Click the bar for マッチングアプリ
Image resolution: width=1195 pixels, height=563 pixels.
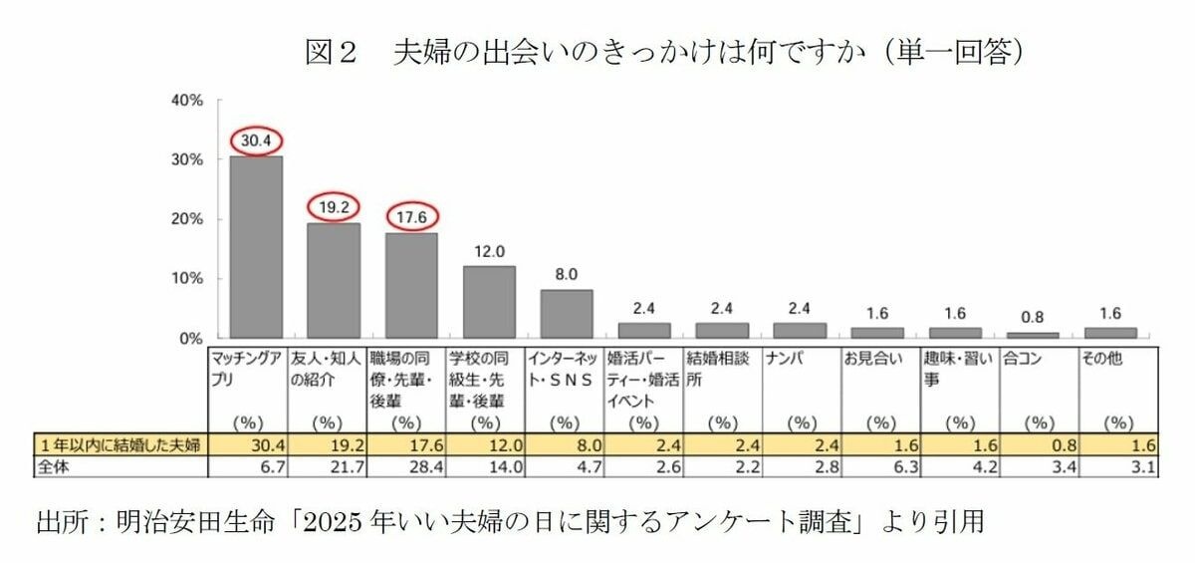(256, 247)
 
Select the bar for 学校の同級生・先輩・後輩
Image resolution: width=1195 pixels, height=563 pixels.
(489, 302)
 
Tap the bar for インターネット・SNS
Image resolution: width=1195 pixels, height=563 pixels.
(567, 314)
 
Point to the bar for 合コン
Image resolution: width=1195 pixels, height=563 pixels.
(1032, 336)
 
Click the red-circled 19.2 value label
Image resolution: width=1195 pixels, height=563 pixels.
(334, 207)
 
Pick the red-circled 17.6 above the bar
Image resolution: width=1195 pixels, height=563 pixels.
(411, 216)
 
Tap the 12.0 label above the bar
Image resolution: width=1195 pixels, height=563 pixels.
(489, 251)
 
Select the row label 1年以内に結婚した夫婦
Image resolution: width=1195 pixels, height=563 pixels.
(119, 444)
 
